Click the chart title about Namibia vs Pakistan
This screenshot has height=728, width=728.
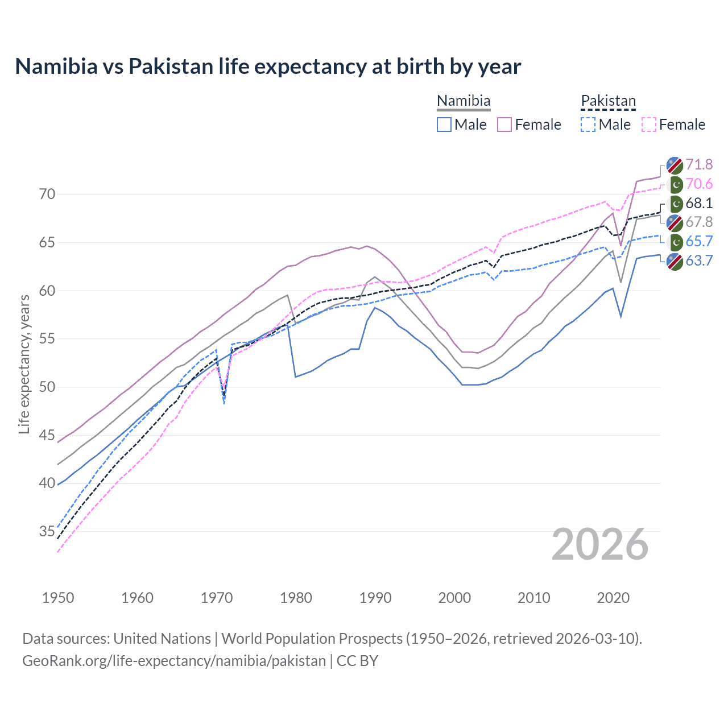[x=268, y=67]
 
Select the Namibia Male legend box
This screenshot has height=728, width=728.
[x=444, y=125]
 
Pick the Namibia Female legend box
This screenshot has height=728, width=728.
[x=504, y=125]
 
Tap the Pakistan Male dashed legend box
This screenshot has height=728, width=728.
[x=588, y=125]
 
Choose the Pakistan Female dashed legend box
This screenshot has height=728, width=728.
[x=648, y=125]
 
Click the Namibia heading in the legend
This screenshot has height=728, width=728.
[x=464, y=101]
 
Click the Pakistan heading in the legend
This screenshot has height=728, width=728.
[x=608, y=101]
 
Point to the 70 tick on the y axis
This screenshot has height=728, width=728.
[x=47, y=195]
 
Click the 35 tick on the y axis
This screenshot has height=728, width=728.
[x=47, y=532]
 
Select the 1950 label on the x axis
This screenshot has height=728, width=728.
[x=58, y=598]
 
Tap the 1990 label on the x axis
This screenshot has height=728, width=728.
[x=375, y=598]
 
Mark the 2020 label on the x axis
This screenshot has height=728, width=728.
[x=613, y=598]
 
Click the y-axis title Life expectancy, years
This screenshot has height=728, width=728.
[x=24, y=364]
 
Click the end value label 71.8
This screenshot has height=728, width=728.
[x=699, y=165]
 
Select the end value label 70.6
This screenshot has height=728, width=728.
[x=699, y=184]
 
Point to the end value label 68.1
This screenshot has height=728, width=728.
[x=699, y=204]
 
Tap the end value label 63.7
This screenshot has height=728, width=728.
[x=699, y=261]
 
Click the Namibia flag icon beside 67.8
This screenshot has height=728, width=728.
[x=675, y=222]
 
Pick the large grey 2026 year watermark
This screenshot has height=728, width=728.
[x=600, y=545]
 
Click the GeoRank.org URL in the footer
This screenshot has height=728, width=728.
[x=174, y=661]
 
